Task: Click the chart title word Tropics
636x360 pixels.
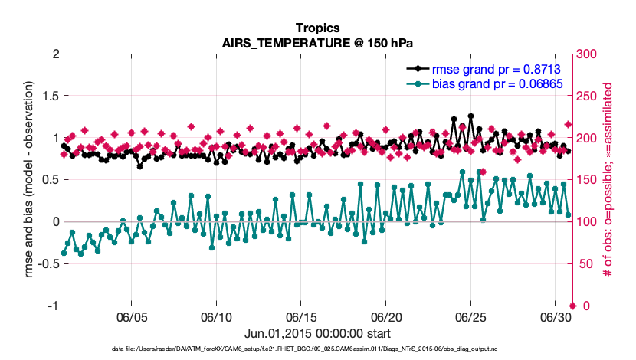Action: [x=317, y=27]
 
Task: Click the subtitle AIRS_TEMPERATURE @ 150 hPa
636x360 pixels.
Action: [x=317, y=42]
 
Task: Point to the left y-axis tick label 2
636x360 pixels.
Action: [x=55, y=54]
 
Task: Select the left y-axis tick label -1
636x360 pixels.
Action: [x=52, y=306]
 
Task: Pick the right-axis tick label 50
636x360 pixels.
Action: [x=585, y=264]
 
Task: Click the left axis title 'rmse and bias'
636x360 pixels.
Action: [x=31, y=181]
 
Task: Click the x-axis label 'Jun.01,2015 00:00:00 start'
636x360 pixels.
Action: [x=317, y=333]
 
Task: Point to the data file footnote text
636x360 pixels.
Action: [x=317, y=349]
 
